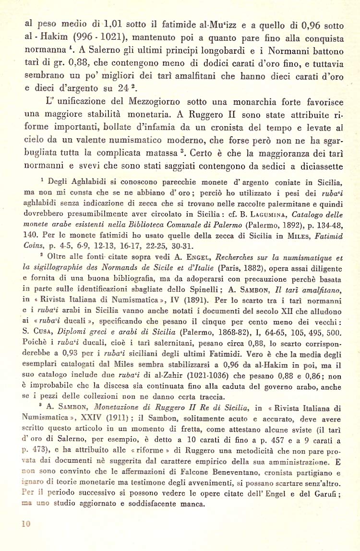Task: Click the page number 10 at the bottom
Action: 26,524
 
